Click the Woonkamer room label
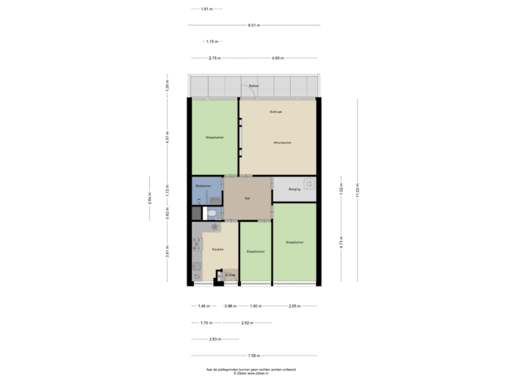point(283,143)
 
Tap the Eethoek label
point(277,112)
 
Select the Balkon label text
point(254,86)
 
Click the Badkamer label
point(204,186)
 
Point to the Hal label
point(247,199)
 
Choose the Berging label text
point(294,189)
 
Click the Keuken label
point(218,250)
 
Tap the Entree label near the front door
point(230,274)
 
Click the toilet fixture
point(212,212)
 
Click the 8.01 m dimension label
point(254,25)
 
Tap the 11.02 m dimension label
point(358,190)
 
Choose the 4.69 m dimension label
point(279,58)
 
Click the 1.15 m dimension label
point(211,42)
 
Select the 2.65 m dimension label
point(294,306)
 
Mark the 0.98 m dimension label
point(230,306)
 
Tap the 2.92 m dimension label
point(246,323)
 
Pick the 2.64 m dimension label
point(149,198)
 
